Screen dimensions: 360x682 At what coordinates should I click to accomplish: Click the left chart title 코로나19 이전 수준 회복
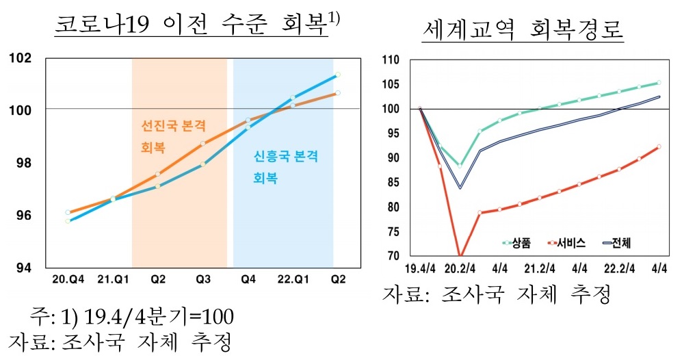click(x=192, y=27)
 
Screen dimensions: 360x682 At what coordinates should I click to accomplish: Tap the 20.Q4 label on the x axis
click(x=68, y=279)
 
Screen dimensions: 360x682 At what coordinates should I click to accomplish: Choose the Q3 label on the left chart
click(x=203, y=279)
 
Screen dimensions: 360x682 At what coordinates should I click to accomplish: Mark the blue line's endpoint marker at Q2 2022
click(x=338, y=75)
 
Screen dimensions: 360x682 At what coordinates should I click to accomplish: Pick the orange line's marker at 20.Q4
click(x=68, y=213)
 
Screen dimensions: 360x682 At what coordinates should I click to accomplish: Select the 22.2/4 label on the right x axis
click(x=620, y=269)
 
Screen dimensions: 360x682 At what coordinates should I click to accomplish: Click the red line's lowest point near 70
click(x=460, y=256)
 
